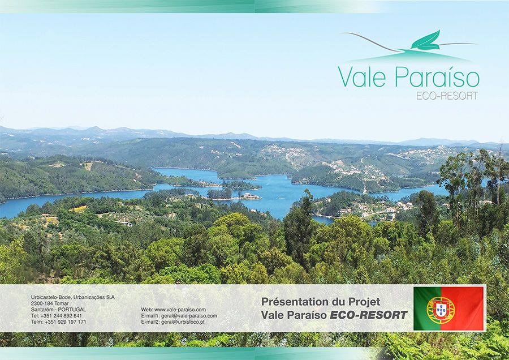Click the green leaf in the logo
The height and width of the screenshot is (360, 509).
coord(426,41)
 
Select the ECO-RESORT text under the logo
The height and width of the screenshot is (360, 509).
coord(447,96)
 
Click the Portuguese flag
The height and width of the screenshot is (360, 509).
coord(448,308)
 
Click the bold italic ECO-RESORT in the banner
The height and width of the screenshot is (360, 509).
coord(368,315)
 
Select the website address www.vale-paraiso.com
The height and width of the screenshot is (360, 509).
coord(180,310)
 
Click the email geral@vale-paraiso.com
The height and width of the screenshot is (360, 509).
coord(189,316)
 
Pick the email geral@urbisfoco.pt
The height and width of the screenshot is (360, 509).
coord(183,322)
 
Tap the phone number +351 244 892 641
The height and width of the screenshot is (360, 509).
coord(61,316)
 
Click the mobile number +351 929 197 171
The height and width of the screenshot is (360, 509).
coord(66,322)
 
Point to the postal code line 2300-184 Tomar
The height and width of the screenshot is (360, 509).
coord(50,303)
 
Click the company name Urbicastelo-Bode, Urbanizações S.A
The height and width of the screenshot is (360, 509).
coord(73,297)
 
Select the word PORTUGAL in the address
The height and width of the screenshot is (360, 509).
coord(72,310)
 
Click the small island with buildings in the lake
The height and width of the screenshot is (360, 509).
coord(251,196)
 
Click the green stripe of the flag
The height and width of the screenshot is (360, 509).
coord(421,308)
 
